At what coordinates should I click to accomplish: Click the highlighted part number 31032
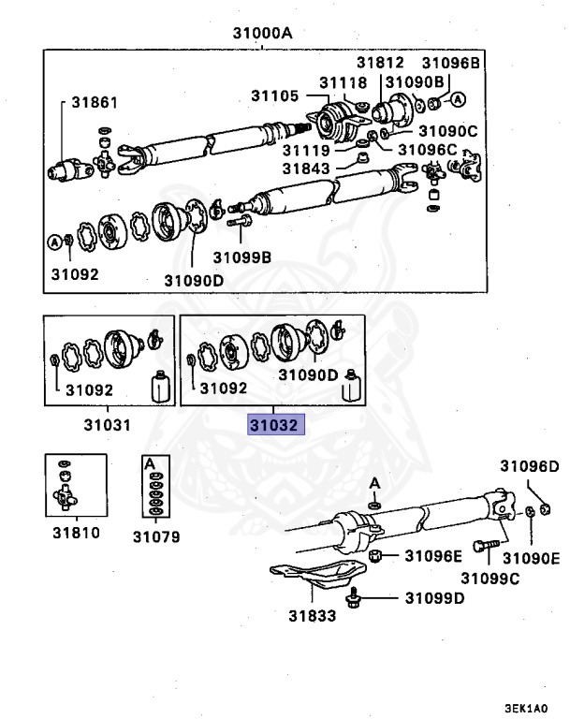pyautogui.click(x=274, y=425)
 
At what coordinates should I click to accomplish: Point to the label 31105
pyautogui.click(x=274, y=95)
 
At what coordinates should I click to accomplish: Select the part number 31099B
pyautogui.click(x=241, y=257)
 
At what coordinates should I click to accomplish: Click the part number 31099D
pyautogui.click(x=434, y=598)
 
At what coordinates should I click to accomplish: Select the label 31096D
pyautogui.click(x=528, y=465)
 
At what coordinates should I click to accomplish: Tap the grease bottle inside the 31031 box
pyautogui.click(x=159, y=386)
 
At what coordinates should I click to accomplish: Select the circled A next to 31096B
pyautogui.click(x=458, y=99)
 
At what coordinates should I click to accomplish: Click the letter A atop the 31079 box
pyautogui.click(x=149, y=462)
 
